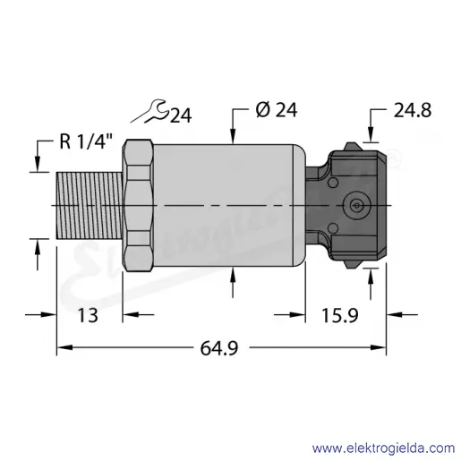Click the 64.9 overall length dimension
[x=219, y=348]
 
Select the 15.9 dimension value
[x=339, y=315]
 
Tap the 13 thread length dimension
[x=88, y=315]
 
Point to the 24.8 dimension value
[x=413, y=110]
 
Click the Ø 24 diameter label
[x=277, y=110]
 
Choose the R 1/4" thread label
[x=86, y=141]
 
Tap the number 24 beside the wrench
[x=181, y=115]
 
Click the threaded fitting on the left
[x=90, y=205]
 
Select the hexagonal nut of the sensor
[x=139, y=205]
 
